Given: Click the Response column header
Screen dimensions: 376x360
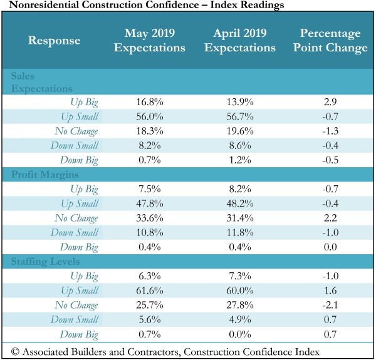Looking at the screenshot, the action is tap(54, 41).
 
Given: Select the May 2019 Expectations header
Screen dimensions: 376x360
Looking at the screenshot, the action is tap(150, 40).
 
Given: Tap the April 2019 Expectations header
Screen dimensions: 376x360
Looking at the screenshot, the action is tap(240, 40).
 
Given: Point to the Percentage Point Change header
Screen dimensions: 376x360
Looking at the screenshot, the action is tap(330, 40).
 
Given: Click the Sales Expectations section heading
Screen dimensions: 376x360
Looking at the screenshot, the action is tap(42, 82).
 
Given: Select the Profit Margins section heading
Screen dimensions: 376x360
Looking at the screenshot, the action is tap(45, 175).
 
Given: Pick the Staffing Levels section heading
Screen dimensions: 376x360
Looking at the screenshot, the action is tap(45, 262).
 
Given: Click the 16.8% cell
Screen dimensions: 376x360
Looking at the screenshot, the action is tap(150, 102).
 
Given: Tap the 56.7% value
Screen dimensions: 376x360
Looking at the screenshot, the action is tap(240, 116).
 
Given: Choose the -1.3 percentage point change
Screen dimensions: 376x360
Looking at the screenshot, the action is tap(330, 131).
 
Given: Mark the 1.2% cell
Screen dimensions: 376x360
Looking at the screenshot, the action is tap(240, 160).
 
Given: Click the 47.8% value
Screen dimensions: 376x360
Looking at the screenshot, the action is tap(150, 203).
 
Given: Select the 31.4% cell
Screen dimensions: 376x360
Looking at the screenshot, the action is tap(240, 219).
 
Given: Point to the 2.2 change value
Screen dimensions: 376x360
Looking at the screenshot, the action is tap(330, 218).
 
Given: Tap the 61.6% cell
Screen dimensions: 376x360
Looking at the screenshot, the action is tap(150, 291).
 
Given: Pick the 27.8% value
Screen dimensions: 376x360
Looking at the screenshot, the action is tap(240, 305).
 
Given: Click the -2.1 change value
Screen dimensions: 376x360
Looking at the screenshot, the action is tap(330, 305).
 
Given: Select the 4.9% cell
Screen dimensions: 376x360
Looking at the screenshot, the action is tap(240, 319).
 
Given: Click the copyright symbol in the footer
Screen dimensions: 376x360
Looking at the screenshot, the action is tap(15, 352).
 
